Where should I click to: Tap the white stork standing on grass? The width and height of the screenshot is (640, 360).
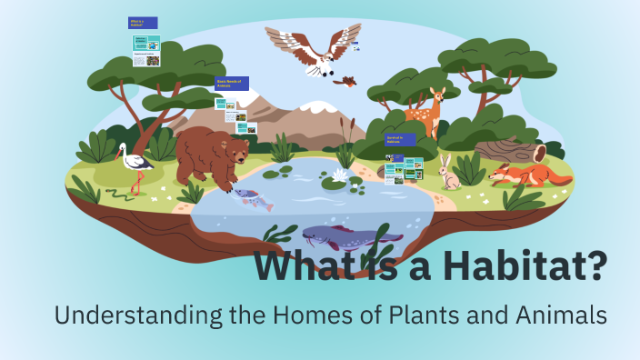(x=137, y=164)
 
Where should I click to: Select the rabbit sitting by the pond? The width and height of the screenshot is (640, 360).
(x=447, y=173)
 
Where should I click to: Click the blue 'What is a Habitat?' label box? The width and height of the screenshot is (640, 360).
(x=143, y=23)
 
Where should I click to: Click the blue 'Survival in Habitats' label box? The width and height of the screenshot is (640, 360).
(x=399, y=140)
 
